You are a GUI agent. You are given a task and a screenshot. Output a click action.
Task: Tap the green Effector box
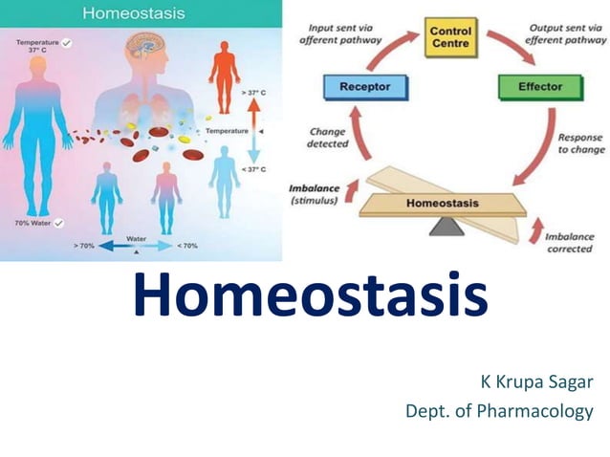[539, 87]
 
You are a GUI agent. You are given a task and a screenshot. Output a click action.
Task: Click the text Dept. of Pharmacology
[498, 412]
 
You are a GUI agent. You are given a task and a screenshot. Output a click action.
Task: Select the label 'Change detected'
[328, 138]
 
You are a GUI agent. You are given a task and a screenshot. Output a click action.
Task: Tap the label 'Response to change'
[579, 143]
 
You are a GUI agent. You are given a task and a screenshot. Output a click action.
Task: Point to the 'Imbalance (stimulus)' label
[314, 193]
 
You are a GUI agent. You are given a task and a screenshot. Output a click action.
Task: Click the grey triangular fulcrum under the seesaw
[443, 226]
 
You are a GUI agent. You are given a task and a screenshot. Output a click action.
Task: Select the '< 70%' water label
[187, 246]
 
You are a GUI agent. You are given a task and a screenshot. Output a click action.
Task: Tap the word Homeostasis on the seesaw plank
[443, 204]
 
